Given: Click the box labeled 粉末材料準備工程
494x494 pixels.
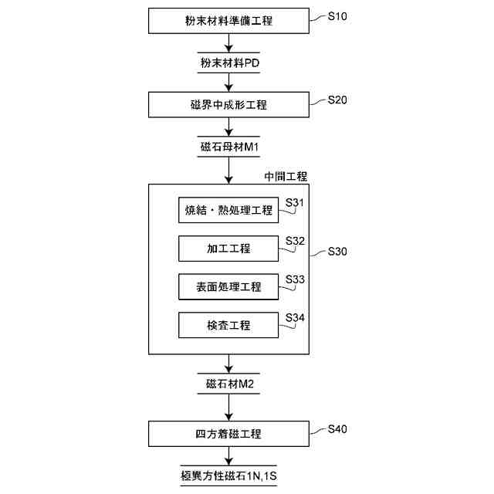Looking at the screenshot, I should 228,21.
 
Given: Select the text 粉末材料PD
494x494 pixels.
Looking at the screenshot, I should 228,63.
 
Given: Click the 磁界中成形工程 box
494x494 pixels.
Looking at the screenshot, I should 228,104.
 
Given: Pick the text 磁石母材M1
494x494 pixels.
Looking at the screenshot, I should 228,147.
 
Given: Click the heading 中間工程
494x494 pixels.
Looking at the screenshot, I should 285,177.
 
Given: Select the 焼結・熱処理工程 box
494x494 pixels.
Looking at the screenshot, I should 228,210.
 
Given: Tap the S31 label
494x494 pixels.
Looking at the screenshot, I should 296,203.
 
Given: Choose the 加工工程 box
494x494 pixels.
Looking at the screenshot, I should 228,249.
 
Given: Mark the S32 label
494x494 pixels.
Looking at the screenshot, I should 296,241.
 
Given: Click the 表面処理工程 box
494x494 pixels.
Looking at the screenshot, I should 228,286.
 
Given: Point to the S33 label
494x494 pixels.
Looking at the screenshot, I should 296,279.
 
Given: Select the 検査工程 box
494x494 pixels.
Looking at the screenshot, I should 228,325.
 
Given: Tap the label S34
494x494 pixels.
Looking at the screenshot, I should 296,317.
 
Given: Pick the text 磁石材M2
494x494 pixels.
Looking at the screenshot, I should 228,384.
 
